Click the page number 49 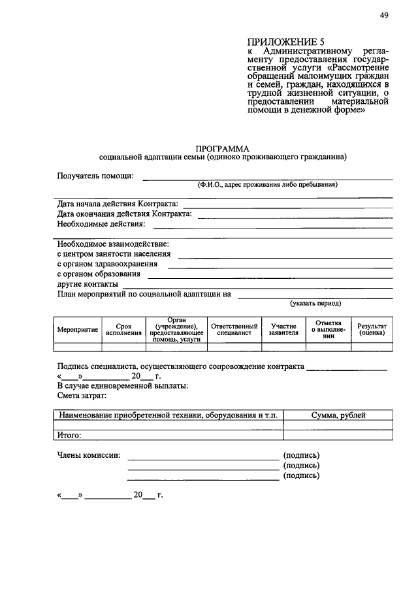coord(383,16)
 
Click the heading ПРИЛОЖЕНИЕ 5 coord(281,41)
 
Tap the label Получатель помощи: coord(95,176)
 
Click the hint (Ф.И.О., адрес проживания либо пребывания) coord(268,185)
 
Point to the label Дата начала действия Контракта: coord(118,204)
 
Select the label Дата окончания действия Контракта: coord(124,214)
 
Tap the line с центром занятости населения coord(114,254)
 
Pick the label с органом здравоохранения coord(107,264)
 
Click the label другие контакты coord(88,284)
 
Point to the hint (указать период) coord(315,304)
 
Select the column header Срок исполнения coord(123,328)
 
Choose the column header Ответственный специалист coord(234,328)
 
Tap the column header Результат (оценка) coord(371,328)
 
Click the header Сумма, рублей coord(338,415)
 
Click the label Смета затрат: coord(81,396)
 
